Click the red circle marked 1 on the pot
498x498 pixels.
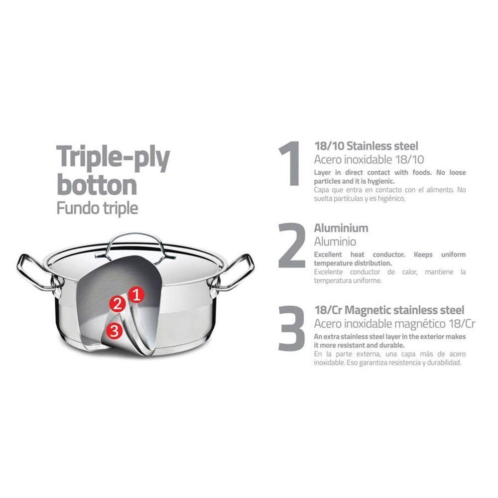[136, 295]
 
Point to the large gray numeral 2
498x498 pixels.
[291, 245]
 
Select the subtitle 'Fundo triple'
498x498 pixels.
[97, 208]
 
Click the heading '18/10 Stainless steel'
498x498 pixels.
[366, 146]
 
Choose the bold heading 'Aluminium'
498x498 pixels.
[341, 229]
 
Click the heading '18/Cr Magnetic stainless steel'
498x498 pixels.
[389, 310]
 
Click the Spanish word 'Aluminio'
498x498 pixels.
[335, 242]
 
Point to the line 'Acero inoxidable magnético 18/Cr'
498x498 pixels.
[395, 324]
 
